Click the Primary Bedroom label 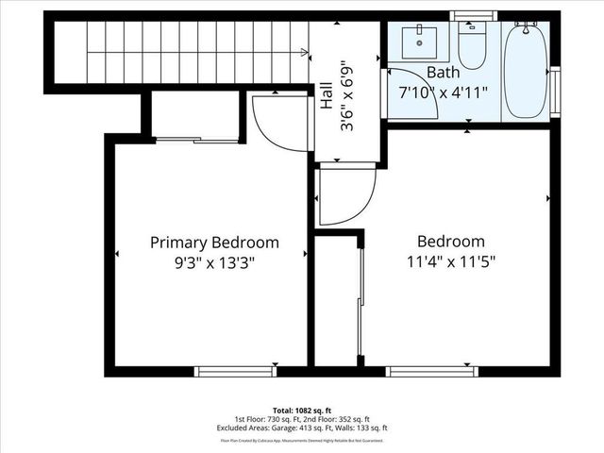point(214,243)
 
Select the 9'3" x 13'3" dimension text point(214,263)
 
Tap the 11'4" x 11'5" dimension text point(450,261)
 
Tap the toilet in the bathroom point(471,42)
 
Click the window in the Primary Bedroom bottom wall point(236,371)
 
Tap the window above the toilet point(471,16)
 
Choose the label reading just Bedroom point(450,242)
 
